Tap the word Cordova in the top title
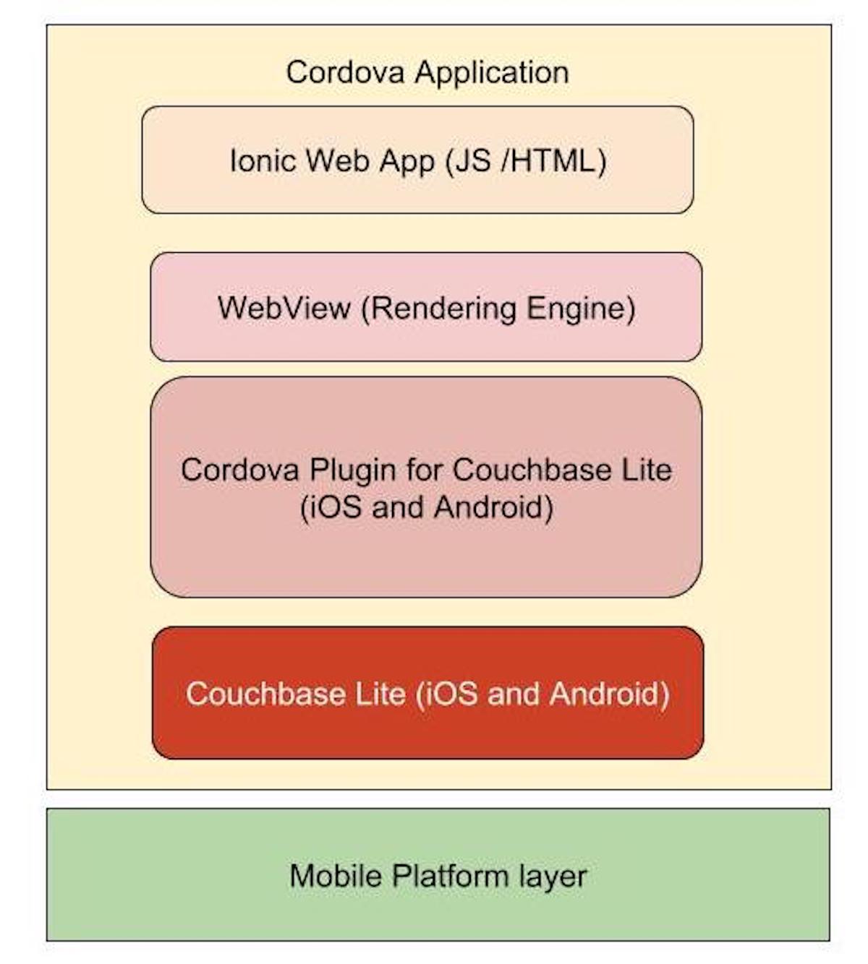click(345, 72)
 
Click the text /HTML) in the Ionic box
click(553, 161)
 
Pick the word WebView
click(284, 307)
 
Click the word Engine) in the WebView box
click(582, 308)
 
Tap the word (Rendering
click(439, 308)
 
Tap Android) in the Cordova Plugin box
click(493, 508)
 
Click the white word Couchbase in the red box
click(265, 694)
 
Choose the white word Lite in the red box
click(380, 694)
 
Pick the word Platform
click(451, 876)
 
